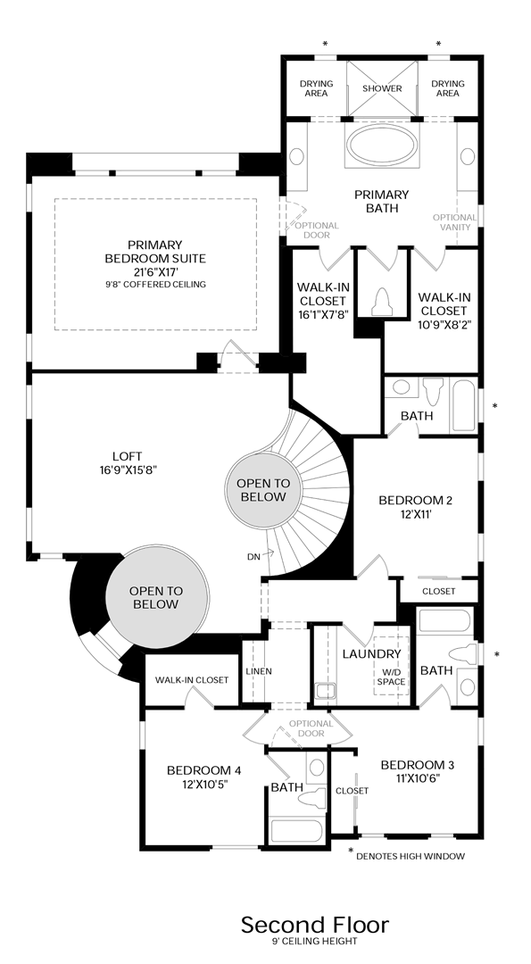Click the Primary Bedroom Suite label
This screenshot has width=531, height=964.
click(155, 252)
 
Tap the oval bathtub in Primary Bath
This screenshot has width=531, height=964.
click(382, 147)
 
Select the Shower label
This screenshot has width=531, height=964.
click(382, 88)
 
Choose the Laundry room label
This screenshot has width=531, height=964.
click(372, 654)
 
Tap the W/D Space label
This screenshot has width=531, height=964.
click(391, 677)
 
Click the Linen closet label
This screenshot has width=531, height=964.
click(259, 670)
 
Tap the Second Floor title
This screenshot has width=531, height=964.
click(315, 925)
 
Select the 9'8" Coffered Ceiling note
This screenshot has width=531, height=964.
click(155, 285)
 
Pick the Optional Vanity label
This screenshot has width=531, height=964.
click(455, 222)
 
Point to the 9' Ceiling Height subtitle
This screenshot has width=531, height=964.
click(315, 942)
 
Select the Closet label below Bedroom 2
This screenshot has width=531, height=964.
click(439, 592)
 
